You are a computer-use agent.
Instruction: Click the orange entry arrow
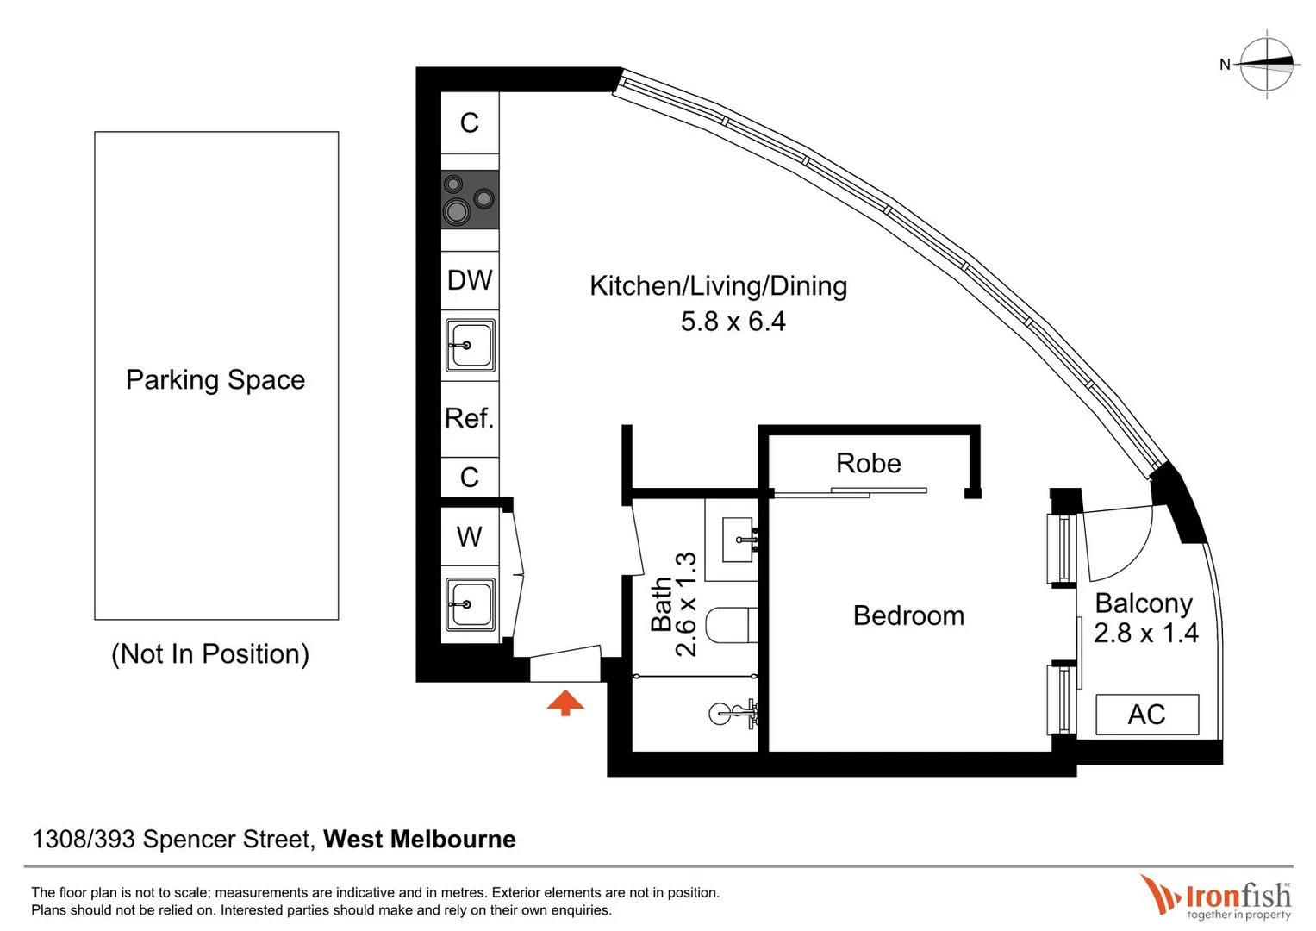565,703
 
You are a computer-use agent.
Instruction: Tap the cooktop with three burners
470,200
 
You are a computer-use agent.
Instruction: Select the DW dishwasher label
470,280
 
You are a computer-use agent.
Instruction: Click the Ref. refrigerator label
469,418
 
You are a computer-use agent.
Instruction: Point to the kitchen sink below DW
470,345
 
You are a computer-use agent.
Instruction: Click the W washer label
469,537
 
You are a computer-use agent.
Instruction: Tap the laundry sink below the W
470,604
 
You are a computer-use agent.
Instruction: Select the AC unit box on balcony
1146,715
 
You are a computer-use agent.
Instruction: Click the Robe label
868,464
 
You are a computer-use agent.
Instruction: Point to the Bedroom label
908,615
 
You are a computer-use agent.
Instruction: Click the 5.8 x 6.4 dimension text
733,322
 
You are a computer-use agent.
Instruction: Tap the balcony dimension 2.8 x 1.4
1145,634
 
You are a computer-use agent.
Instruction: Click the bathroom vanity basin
738,540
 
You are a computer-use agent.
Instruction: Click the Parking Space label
215,380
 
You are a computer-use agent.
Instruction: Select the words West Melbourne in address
419,839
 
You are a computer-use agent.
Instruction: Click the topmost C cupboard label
469,123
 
